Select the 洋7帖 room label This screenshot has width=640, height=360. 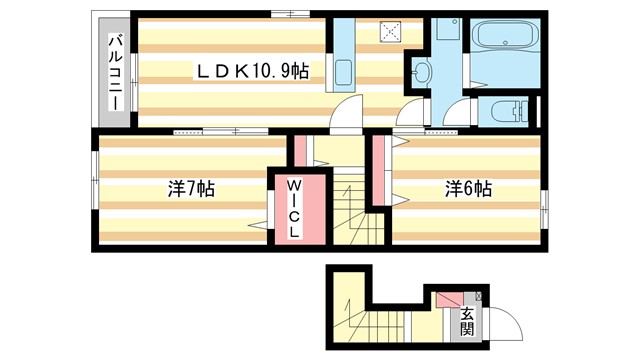(x=190, y=188)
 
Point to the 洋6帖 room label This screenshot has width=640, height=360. (x=468, y=188)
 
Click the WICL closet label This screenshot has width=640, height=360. (x=296, y=209)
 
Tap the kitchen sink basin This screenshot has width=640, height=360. (x=343, y=72)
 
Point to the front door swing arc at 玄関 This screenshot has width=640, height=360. (x=500, y=325)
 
